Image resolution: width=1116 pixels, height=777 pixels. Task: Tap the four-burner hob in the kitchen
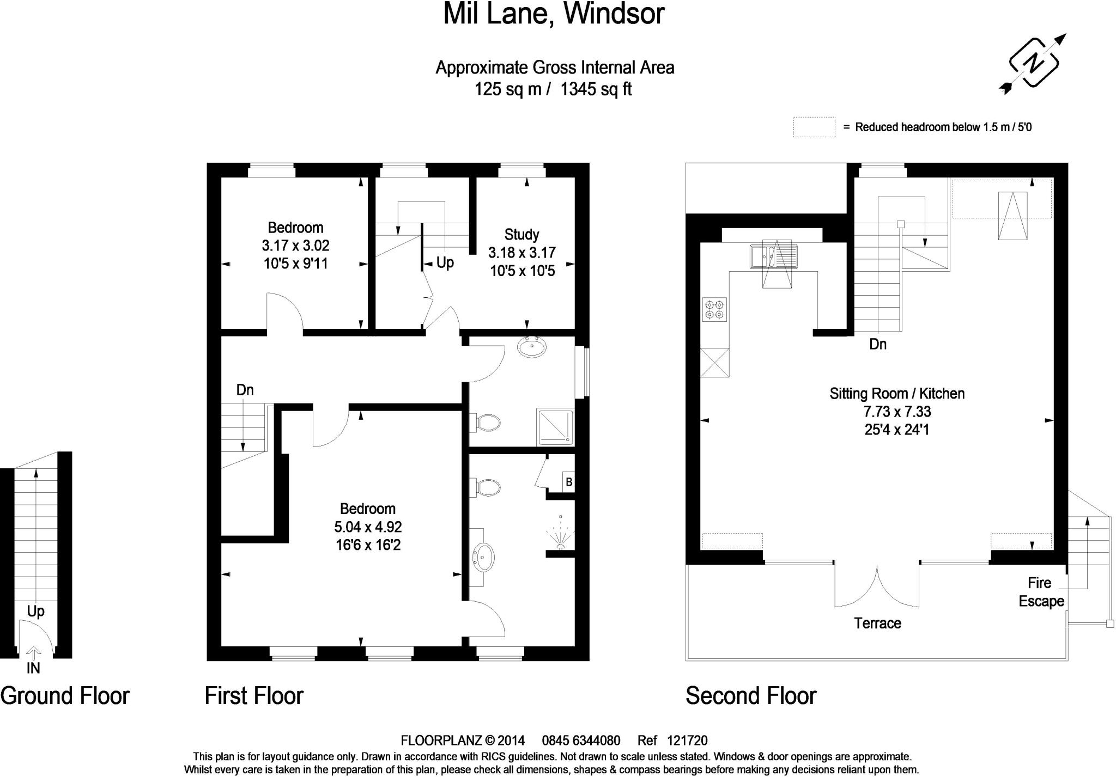coord(714,310)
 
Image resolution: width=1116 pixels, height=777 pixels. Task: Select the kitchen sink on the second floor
coord(773,256)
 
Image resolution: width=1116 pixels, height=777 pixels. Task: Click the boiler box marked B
coord(568,482)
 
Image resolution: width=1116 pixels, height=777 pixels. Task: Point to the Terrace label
coord(877,623)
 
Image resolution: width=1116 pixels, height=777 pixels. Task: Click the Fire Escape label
coord(1041,592)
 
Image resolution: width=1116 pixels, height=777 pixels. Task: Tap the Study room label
coord(521,235)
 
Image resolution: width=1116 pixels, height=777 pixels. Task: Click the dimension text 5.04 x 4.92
coord(368,527)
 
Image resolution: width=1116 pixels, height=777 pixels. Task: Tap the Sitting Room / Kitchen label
coord(897,394)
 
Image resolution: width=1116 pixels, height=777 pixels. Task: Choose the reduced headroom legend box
coord(814,127)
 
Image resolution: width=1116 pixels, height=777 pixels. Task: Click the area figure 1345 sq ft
coord(596,89)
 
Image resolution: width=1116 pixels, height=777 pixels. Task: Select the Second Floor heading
coord(750,696)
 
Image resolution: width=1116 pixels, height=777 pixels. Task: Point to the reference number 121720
coord(687,741)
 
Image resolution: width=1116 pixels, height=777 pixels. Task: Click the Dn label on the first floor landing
coord(245,390)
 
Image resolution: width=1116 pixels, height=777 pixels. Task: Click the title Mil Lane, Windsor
coord(554,14)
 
